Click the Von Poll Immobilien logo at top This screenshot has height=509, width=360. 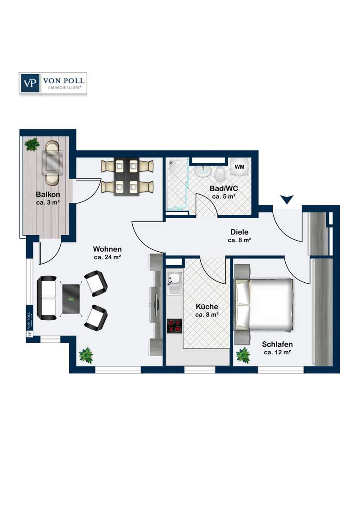pos(53,83)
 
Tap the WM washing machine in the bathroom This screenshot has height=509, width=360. pos(239,167)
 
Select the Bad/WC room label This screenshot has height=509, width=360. pos(224,188)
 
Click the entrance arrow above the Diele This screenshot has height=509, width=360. pos(287,199)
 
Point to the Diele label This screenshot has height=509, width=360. pos(239,232)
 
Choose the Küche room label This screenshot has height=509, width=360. pos(207,307)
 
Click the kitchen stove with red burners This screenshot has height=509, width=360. pos(175,326)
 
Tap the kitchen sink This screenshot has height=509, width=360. pos(175,283)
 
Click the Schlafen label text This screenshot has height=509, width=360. pos(277,344)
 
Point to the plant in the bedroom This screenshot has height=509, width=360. pos(243,355)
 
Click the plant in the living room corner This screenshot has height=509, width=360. pos(86,355)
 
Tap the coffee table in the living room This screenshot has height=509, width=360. pos(71,299)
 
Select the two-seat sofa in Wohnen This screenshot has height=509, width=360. pos(46,297)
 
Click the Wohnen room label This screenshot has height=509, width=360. pos(107,249)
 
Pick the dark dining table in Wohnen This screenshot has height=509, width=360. pos(126,177)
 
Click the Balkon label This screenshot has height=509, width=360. pos(48,195)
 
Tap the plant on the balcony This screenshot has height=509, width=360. pos(32,144)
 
